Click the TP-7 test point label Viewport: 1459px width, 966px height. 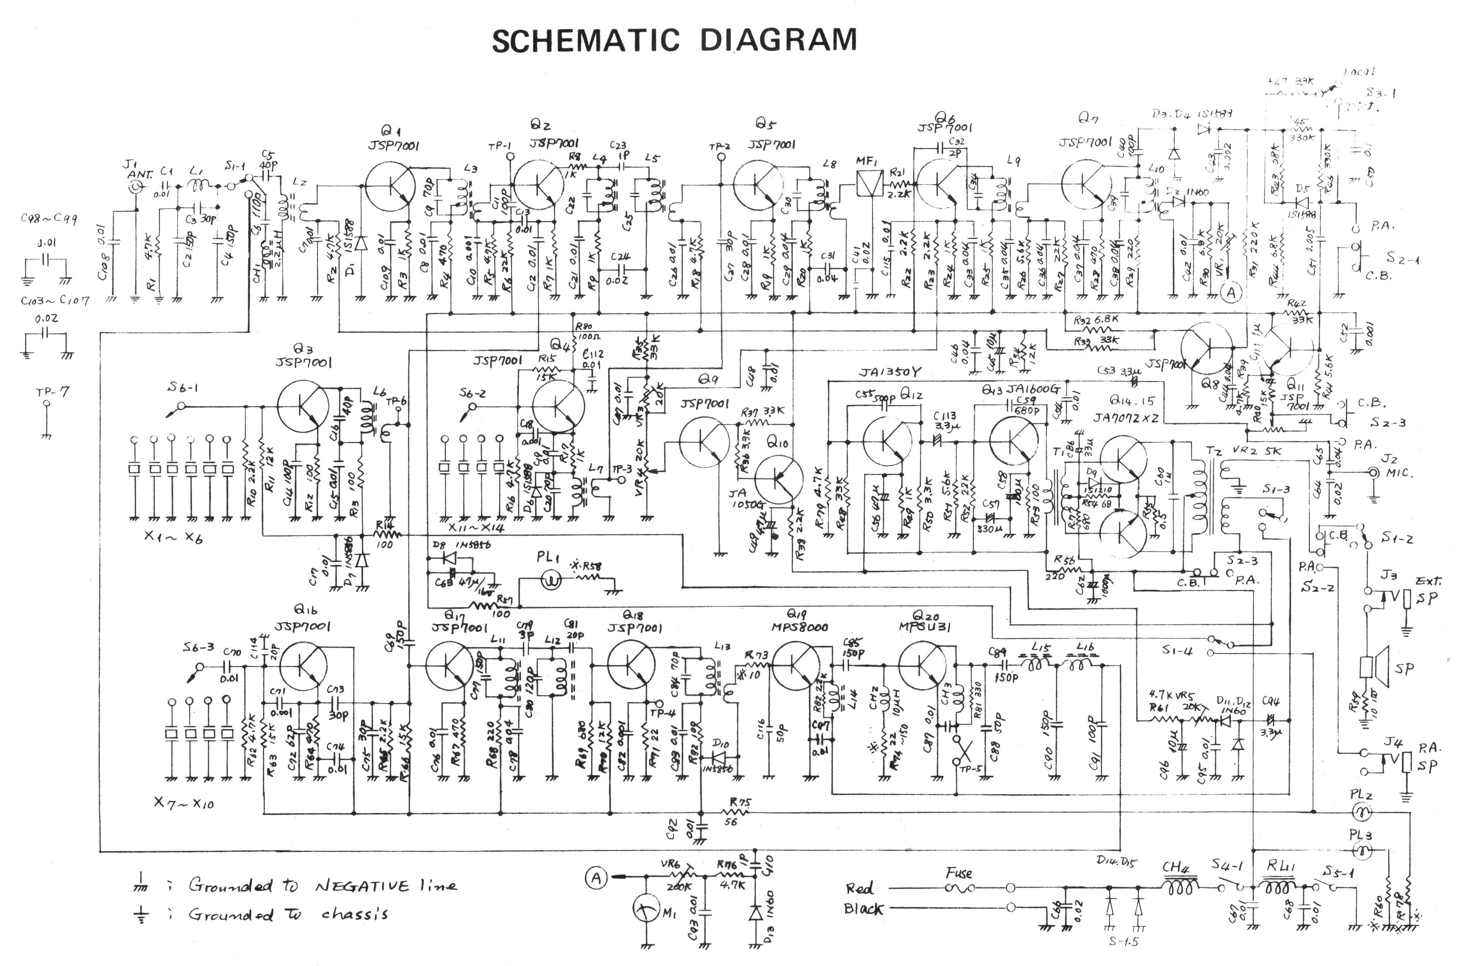[x=54, y=391]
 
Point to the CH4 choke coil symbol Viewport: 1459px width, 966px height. [x=1179, y=888]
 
